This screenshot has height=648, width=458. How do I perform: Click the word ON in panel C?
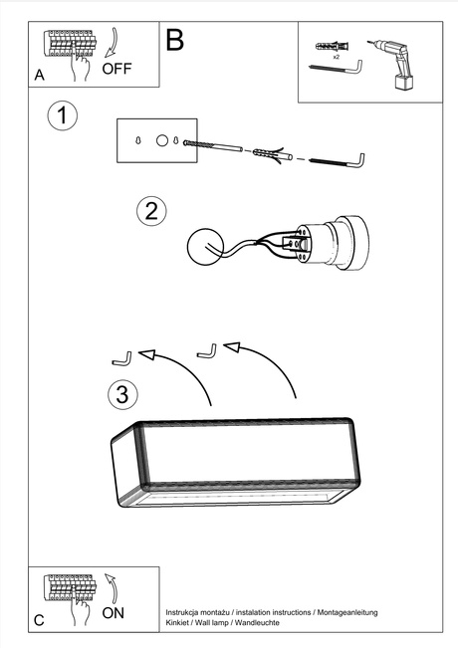[114, 613]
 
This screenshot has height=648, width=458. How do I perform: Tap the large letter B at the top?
[175, 41]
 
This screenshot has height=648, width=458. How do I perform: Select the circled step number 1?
[63, 115]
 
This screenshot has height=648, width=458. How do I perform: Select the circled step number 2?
[150, 210]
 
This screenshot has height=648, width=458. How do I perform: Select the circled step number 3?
[121, 394]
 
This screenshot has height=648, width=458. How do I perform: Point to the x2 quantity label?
[337, 58]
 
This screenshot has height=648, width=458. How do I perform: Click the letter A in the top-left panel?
[39, 75]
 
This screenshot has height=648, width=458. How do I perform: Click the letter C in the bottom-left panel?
[39, 620]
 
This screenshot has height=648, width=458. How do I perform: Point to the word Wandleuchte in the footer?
[256, 621]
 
